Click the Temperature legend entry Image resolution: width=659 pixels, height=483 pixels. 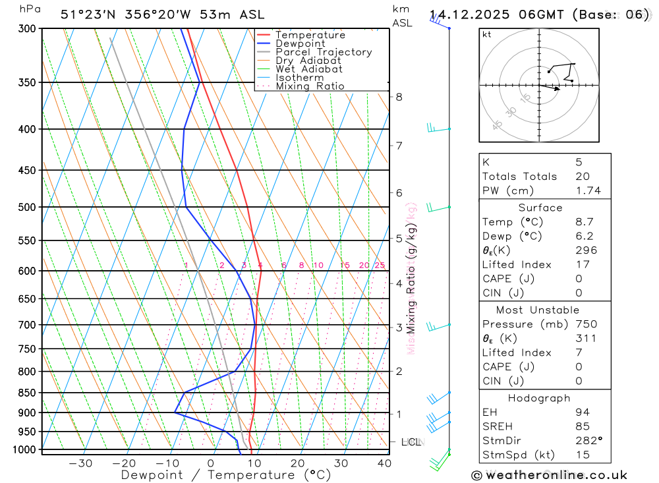point(310,35)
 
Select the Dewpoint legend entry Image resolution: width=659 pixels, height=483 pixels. point(300,43)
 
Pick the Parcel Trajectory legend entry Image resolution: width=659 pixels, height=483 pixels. point(323,52)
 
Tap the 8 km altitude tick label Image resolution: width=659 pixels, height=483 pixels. point(399,97)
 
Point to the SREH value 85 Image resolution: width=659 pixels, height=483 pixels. point(583,426)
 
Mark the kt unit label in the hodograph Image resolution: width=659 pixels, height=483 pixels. point(487,34)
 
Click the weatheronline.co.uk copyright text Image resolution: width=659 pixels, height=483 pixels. point(549,475)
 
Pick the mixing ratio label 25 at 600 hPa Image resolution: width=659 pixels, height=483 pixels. point(380,266)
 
